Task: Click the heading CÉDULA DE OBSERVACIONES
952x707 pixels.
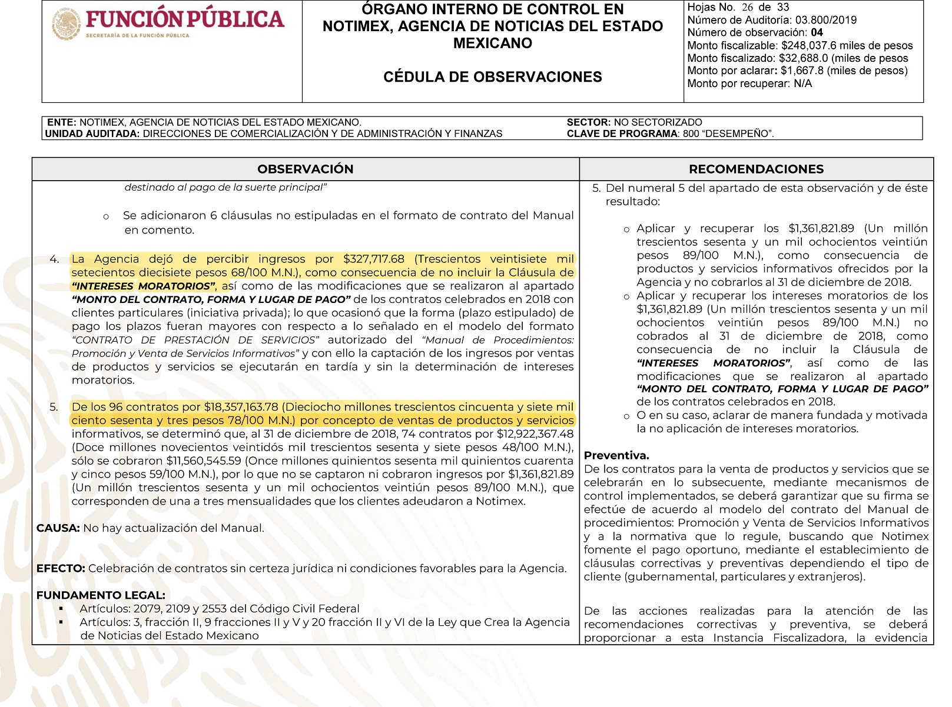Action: point(492,77)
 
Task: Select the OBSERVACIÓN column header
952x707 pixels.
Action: point(305,169)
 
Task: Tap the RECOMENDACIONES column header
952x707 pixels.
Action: point(756,169)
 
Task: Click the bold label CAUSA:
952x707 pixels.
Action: point(58,528)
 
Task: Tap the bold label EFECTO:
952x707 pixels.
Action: point(61,569)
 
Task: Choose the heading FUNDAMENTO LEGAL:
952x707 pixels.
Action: point(101,595)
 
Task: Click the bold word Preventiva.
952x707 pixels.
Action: point(616,455)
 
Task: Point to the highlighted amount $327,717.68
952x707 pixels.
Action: point(374,259)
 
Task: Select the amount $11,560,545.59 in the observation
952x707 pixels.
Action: point(204,461)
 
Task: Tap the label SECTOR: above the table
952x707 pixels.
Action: point(589,122)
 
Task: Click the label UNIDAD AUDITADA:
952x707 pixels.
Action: point(92,134)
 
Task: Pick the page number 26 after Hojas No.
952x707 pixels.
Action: point(747,8)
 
